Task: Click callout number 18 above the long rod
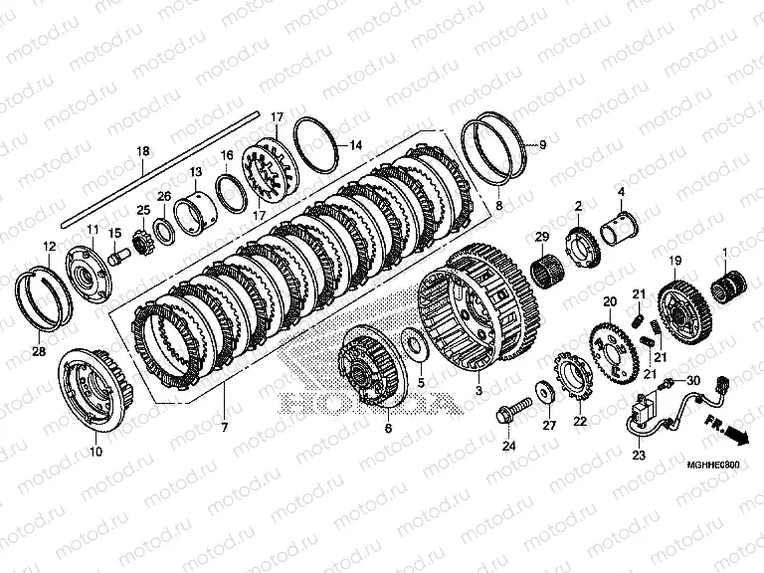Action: [x=142, y=151]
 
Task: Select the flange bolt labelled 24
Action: [x=506, y=409]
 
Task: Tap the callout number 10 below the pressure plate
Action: [x=95, y=452]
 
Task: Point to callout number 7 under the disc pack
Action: [x=225, y=428]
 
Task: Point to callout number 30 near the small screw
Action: [x=694, y=380]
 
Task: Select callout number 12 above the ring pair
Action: [x=49, y=246]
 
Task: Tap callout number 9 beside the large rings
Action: [x=543, y=145]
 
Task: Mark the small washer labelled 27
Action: [x=546, y=390]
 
